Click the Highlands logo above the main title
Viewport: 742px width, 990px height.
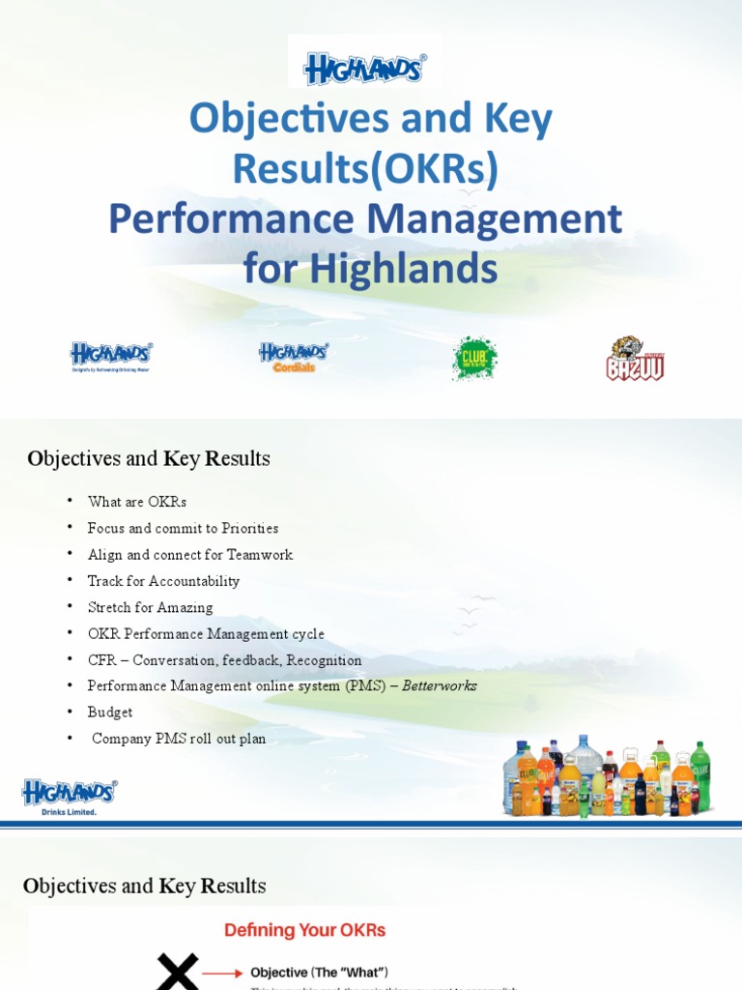pos(365,69)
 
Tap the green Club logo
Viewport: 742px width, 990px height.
pos(474,358)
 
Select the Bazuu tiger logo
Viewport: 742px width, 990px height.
pos(635,359)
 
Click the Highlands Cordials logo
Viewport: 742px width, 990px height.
pos(294,357)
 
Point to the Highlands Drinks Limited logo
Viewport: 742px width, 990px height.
pos(69,797)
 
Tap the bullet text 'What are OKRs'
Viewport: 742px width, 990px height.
pos(136,502)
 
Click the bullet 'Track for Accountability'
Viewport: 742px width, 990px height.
pos(163,581)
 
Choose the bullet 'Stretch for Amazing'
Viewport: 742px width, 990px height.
pos(150,607)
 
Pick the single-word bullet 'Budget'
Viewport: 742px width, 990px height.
pos(110,713)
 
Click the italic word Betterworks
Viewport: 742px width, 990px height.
pos(441,685)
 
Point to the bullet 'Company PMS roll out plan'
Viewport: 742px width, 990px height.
pos(179,739)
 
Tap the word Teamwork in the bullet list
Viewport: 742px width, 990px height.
pos(259,555)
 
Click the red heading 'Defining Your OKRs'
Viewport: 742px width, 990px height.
pos(304,930)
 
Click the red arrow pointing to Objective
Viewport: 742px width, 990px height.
pos(223,973)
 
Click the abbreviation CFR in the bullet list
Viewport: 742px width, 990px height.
pos(101,660)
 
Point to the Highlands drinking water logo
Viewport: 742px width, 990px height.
pos(110,357)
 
